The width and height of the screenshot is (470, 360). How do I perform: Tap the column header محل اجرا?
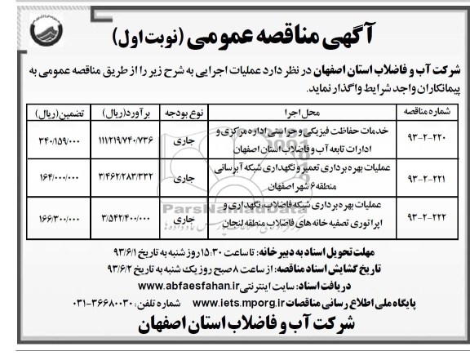click(x=279, y=109)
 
